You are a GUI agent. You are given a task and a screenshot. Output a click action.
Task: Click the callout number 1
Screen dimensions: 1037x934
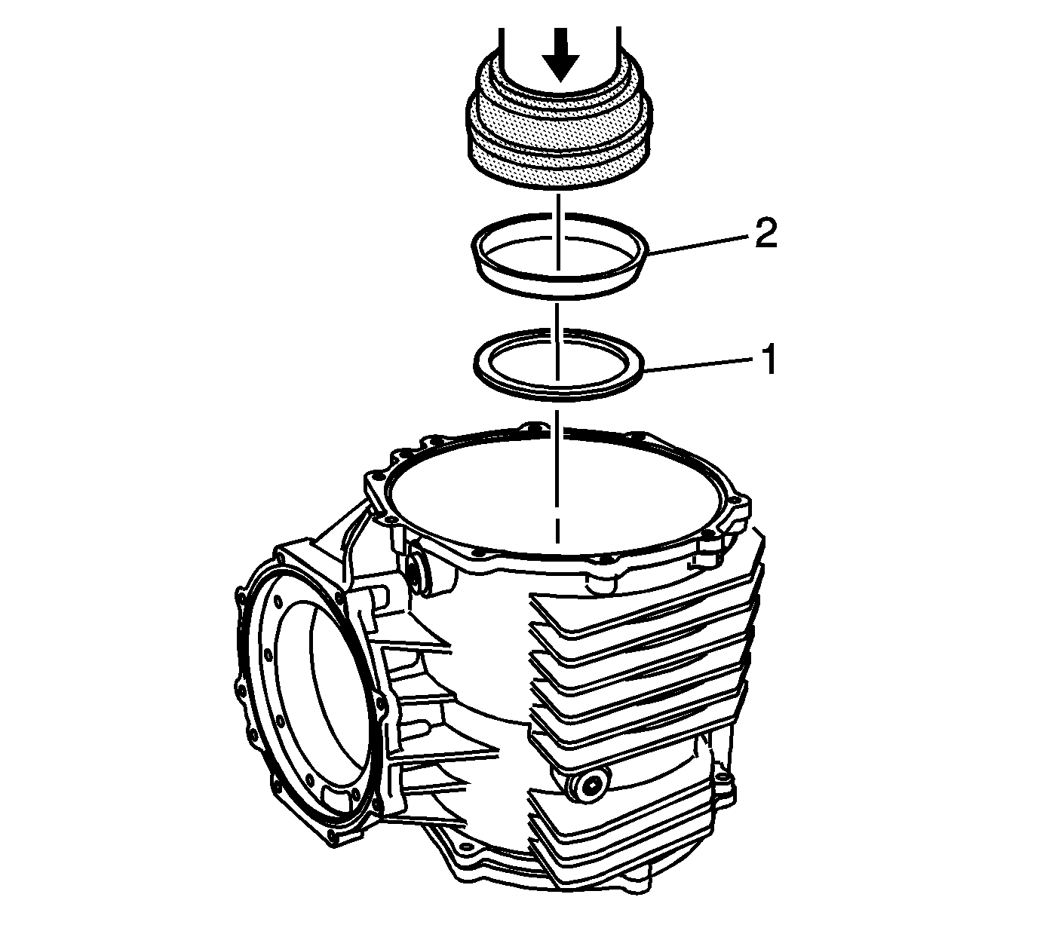click(768, 360)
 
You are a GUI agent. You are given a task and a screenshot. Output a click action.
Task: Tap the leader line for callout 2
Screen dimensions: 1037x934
click(698, 243)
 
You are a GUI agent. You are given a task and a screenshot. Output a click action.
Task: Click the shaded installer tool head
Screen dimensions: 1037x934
click(560, 129)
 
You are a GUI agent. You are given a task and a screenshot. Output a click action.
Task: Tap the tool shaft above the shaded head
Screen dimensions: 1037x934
click(560, 49)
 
